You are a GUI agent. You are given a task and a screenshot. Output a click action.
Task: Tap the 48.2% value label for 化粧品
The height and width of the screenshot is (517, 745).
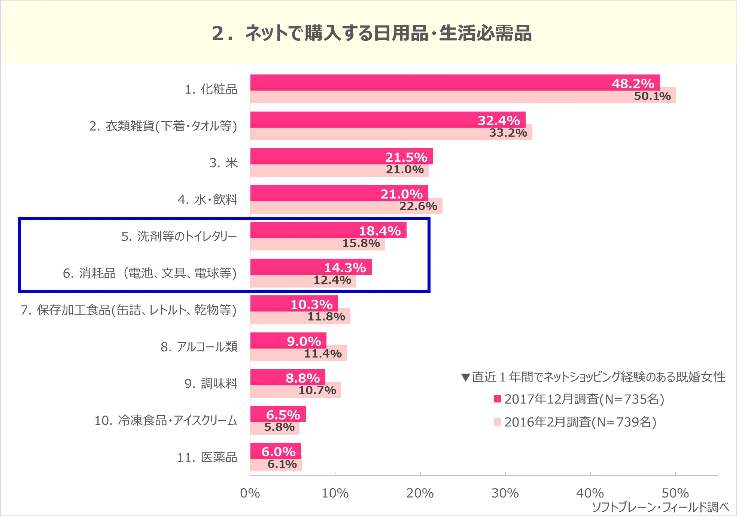[x=633, y=83]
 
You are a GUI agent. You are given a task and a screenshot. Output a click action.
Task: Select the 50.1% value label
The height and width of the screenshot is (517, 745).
[x=652, y=96]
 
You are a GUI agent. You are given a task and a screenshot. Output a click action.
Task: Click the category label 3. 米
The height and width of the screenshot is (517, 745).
[x=223, y=163]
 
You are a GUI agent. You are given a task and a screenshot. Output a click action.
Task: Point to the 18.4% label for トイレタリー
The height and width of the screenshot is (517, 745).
[x=380, y=231]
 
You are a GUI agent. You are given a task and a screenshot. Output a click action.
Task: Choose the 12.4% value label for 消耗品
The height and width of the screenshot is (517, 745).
[x=332, y=280]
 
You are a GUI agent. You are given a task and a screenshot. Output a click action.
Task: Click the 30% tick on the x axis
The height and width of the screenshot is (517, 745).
[x=505, y=493]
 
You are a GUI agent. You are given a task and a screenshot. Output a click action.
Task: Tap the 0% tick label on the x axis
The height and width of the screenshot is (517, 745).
[x=250, y=493]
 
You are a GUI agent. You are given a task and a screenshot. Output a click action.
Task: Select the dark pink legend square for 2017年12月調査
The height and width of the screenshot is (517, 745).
[x=497, y=399]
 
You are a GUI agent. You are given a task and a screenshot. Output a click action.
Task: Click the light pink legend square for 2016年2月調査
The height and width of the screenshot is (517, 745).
[x=497, y=422]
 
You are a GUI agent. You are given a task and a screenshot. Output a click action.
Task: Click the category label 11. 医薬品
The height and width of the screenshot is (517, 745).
[x=207, y=457]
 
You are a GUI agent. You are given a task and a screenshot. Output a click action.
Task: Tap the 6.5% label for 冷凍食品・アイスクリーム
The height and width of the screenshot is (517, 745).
[x=283, y=415]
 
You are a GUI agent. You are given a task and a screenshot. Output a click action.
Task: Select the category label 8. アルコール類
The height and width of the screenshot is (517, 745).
[x=199, y=347]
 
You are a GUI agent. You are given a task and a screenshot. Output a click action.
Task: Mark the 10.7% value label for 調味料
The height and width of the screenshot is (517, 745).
[x=317, y=390]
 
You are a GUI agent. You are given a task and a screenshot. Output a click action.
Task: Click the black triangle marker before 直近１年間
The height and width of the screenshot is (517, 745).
[x=465, y=377]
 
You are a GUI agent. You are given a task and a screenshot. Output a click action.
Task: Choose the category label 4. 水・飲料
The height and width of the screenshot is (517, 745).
[x=207, y=200]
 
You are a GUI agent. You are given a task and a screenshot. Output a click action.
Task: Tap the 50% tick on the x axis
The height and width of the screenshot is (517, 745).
[x=675, y=493]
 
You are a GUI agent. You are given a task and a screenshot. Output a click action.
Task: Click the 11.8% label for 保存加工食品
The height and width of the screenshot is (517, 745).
[x=326, y=317]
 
